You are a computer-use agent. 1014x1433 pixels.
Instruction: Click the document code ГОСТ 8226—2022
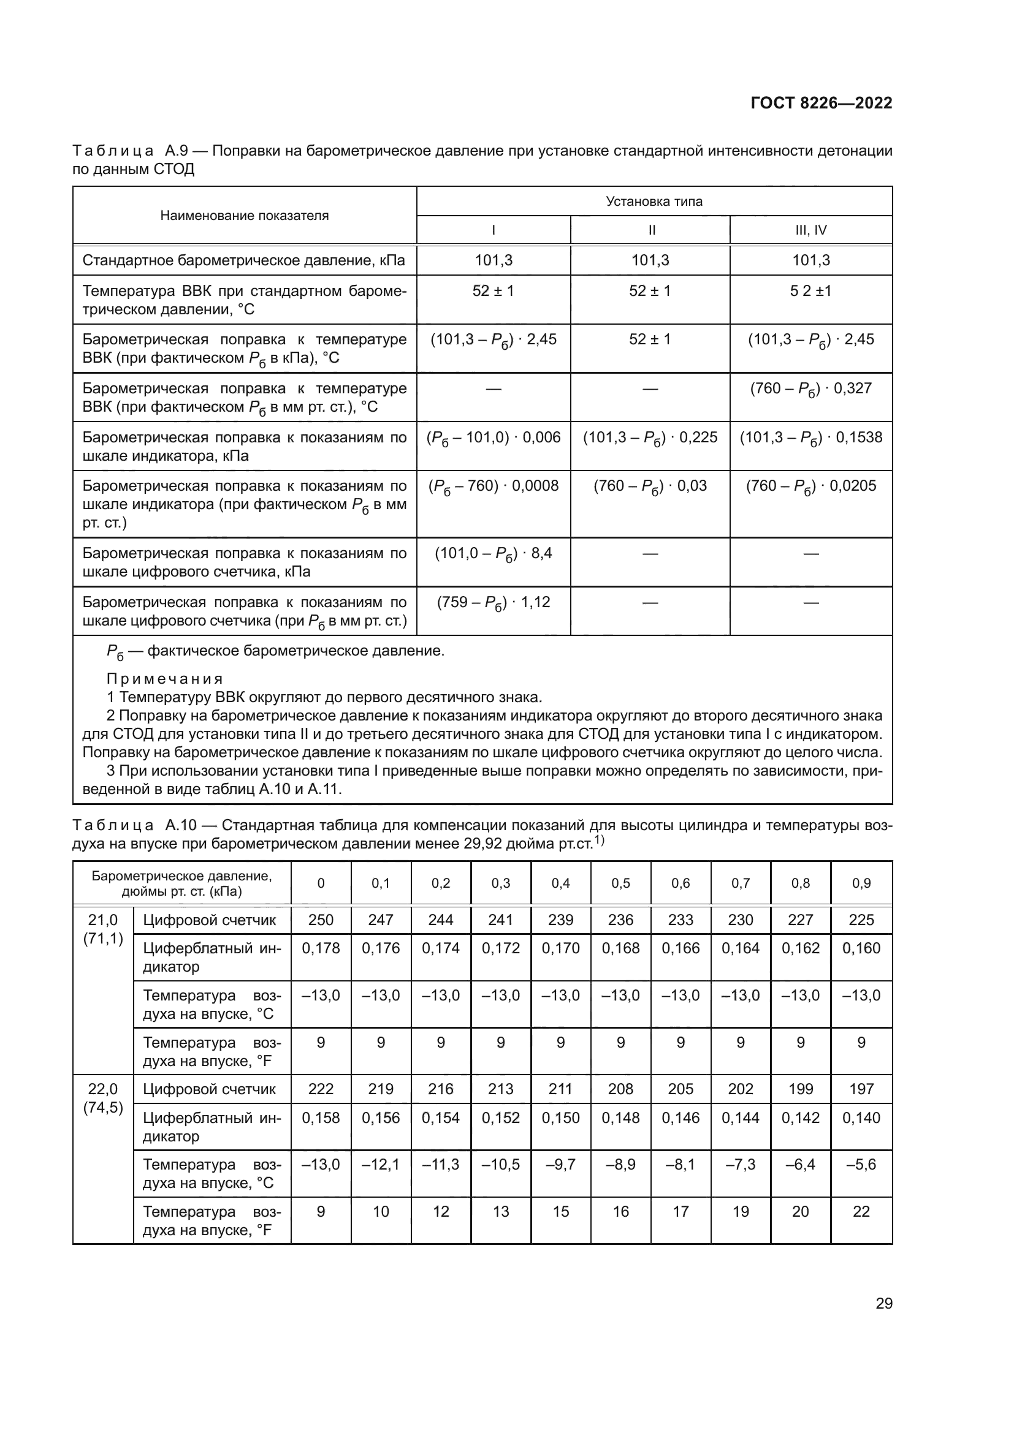821,104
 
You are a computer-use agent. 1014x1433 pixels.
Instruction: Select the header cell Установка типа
654,202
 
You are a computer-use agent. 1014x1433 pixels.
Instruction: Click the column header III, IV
810,230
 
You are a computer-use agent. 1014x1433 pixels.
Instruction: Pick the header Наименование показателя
244,216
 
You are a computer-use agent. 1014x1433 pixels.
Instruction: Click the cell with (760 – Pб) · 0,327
810,390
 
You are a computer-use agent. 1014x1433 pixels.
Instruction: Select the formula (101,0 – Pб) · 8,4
494,554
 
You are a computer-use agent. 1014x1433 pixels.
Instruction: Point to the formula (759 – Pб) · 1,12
494,603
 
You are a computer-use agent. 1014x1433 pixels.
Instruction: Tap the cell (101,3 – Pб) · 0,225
650,438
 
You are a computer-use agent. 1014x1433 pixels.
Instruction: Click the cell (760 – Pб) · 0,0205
810,487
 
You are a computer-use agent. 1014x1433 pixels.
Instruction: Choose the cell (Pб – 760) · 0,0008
494,487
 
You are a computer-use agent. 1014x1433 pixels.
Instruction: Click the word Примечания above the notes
165,678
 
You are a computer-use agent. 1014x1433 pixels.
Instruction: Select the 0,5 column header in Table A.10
620,883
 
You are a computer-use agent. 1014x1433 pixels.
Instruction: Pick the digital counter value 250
321,920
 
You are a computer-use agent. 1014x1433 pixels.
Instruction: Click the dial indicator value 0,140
861,1118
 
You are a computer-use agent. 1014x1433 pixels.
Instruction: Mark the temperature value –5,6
861,1165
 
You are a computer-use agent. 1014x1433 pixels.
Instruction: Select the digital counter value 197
861,1089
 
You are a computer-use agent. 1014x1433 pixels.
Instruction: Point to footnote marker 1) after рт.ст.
598,841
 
